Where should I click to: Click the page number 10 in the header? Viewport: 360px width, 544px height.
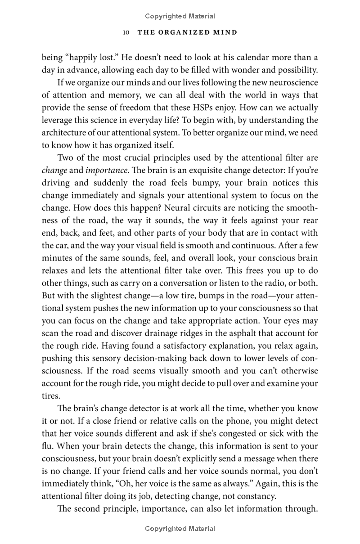click(x=126, y=32)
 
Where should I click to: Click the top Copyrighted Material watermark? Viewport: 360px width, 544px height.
click(x=180, y=16)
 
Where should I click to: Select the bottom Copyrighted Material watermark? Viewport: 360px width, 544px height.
click(x=180, y=529)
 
